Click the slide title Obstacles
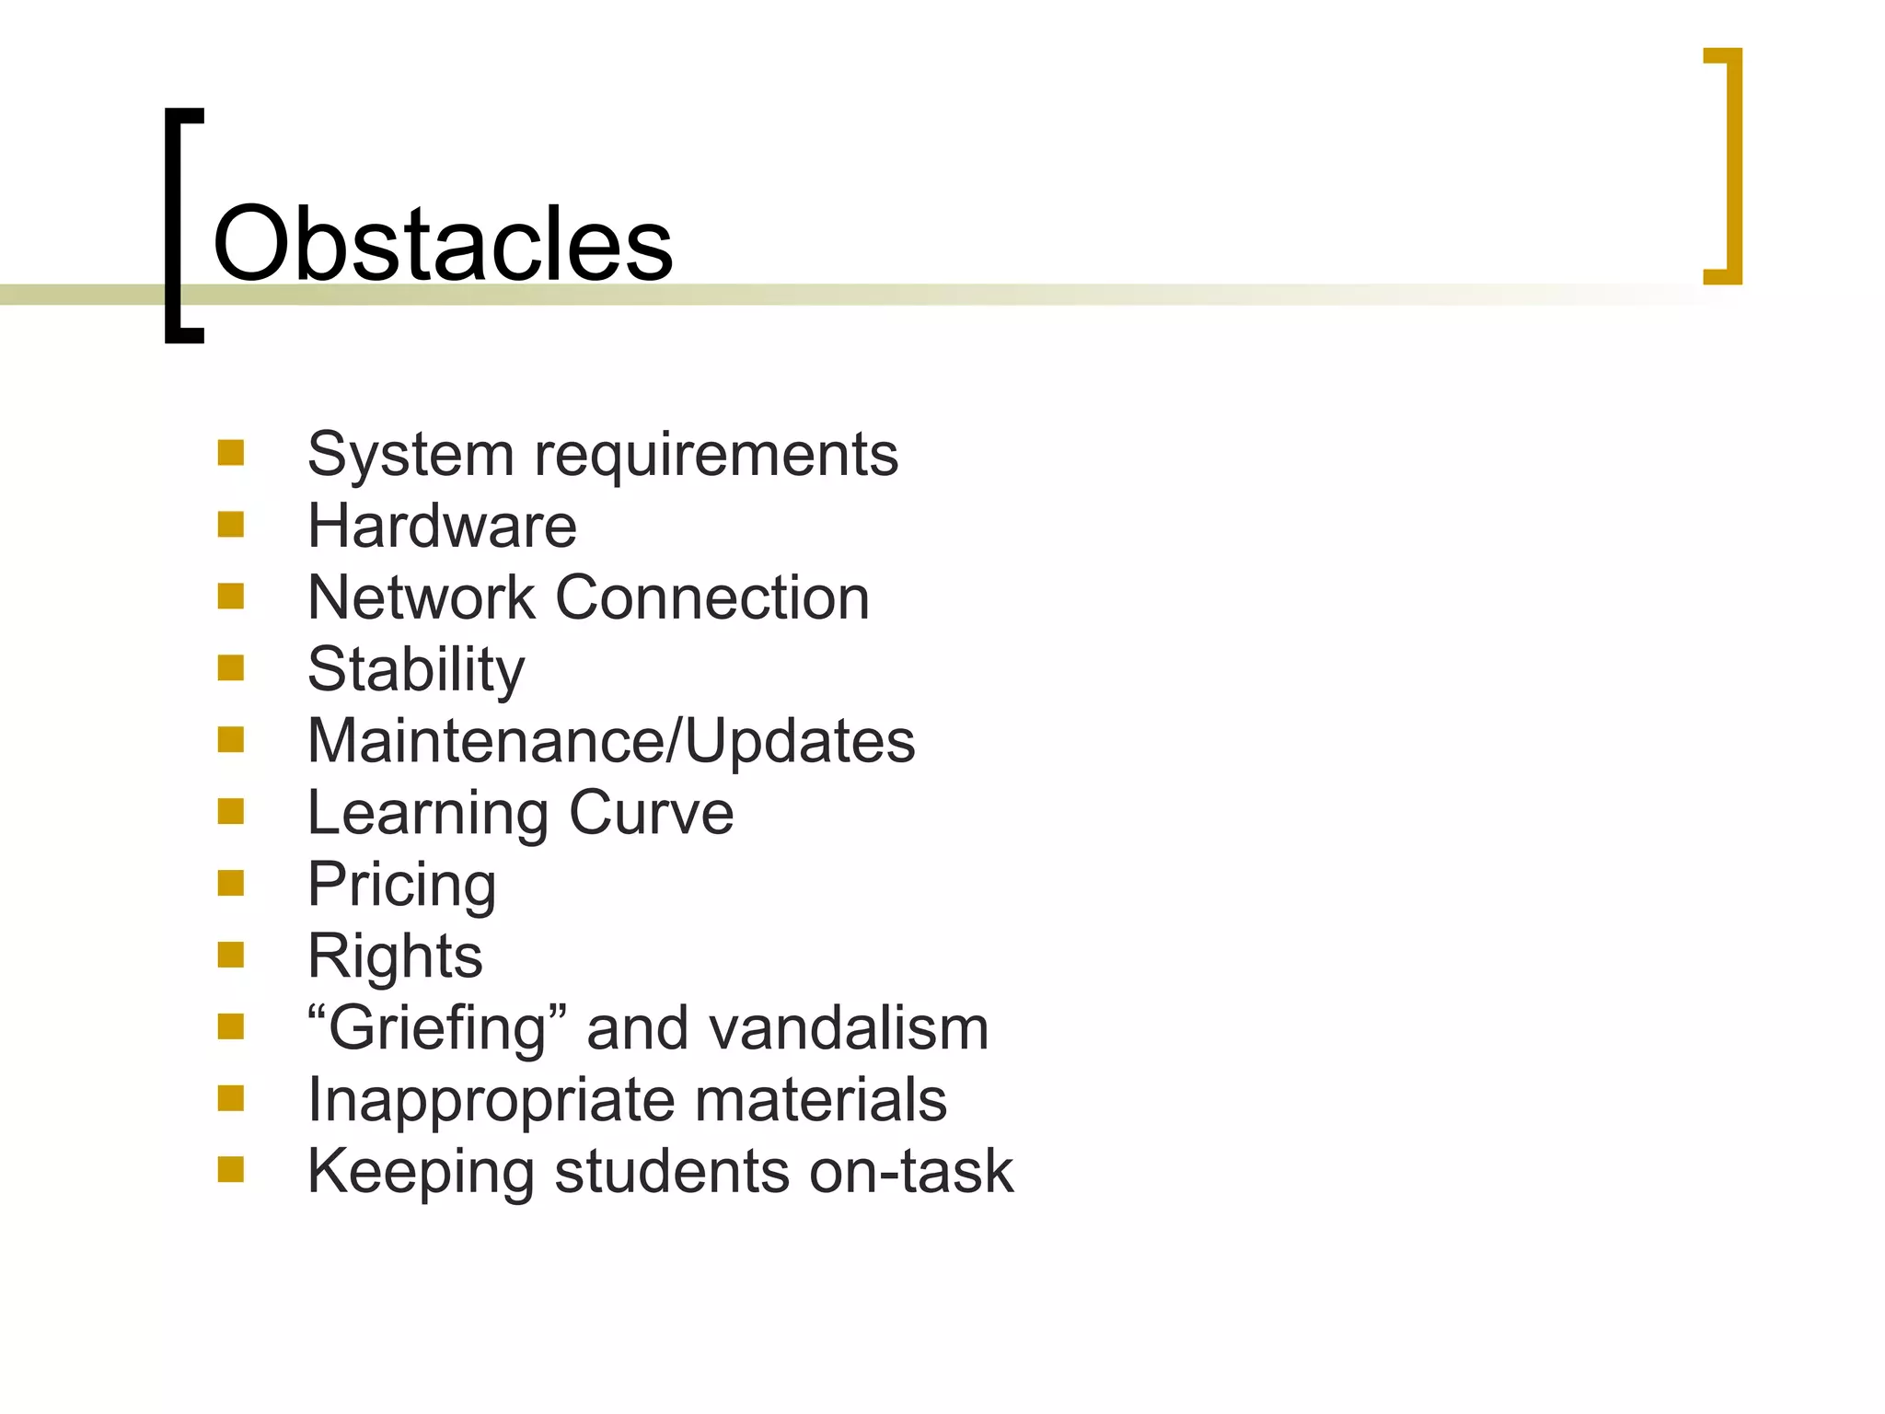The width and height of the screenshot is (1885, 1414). pyautogui.click(x=443, y=244)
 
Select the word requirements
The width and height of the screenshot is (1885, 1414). pyautogui.click(x=716, y=455)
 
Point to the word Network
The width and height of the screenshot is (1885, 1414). pyautogui.click(x=421, y=598)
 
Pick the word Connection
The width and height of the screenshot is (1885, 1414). pyautogui.click(x=712, y=598)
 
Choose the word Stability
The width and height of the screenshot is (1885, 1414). pyautogui.click(x=416, y=670)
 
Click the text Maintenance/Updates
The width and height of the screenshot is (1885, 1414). pyautogui.click(x=611, y=741)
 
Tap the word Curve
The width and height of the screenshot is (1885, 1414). pyautogui.click(x=652, y=813)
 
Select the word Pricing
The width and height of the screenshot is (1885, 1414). pyautogui.click(x=401, y=886)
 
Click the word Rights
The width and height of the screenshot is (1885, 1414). pyautogui.click(x=395, y=956)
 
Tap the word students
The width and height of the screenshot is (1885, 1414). pyautogui.click(x=672, y=1172)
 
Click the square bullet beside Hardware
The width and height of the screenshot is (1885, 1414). pyautogui.click(x=231, y=525)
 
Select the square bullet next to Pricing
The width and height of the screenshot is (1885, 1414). pyautogui.click(x=231, y=884)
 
